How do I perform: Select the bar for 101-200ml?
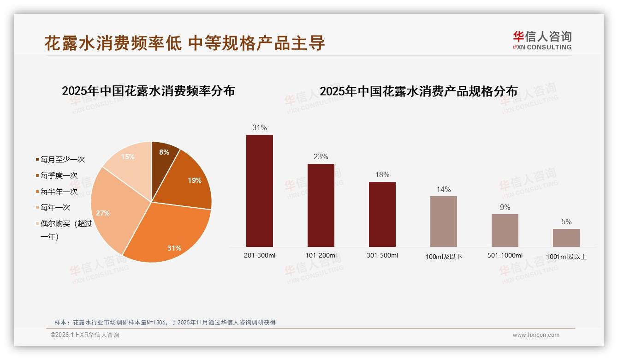click(321, 205)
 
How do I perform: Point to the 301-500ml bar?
click(382, 214)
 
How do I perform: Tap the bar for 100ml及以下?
click(444, 222)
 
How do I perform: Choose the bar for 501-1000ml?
click(505, 230)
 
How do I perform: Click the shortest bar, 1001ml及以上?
click(566, 238)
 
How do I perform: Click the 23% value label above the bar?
click(321, 157)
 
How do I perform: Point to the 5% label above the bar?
click(566, 222)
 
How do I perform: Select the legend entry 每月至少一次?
click(62, 160)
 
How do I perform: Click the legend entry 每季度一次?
click(59, 176)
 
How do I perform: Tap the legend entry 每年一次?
click(55, 208)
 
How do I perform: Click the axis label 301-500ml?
click(382, 255)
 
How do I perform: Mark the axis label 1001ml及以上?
click(566, 257)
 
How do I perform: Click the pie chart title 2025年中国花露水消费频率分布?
click(148, 91)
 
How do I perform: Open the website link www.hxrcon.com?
click(536, 335)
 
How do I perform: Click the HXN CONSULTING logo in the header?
click(542, 41)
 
